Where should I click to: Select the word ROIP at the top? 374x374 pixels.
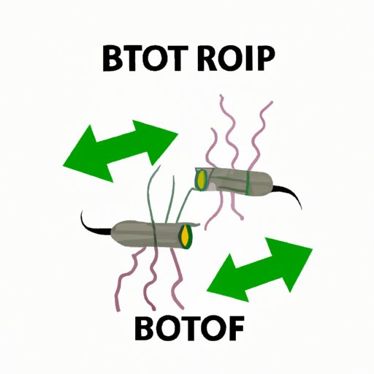click(x=236, y=58)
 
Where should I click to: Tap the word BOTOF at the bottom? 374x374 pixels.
click(x=189, y=328)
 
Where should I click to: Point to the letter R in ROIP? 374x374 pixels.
click(x=207, y=58)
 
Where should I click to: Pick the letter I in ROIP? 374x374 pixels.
click(x=248, y=58)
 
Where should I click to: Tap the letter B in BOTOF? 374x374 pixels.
click(x=145, y=328)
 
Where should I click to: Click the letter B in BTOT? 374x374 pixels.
click(x=112, y=58)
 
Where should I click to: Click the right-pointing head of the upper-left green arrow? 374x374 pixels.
click(x=159, y=141)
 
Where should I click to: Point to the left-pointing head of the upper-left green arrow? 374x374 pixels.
click(x=88, y=156)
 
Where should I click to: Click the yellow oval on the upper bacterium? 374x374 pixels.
click(x=202, y=179)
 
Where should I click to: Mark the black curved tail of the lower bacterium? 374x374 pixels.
click(x=92, y=225)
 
